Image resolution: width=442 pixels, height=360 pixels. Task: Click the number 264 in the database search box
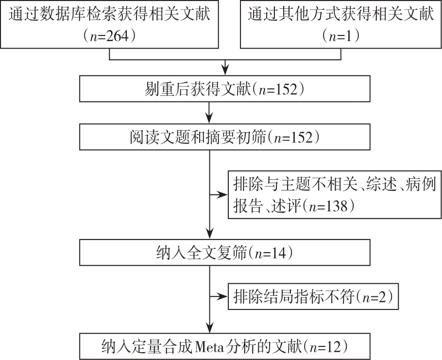click(117, 36)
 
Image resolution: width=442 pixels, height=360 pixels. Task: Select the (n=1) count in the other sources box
click(340, 36)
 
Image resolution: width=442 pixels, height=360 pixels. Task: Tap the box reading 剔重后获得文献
click(225, 89)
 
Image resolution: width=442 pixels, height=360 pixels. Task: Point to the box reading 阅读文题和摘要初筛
click(225, 137)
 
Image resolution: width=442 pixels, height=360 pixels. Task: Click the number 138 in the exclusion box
click(336, 206)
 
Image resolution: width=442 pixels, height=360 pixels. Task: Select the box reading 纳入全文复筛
click(225, 253)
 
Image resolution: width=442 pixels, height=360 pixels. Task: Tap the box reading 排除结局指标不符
click(313, 296)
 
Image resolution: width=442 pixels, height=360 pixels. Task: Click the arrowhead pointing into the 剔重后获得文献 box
click(225, 70)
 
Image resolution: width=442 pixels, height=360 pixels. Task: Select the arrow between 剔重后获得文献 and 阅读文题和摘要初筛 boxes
click(209, 113)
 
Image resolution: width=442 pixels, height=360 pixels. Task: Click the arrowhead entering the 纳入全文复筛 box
click(209, 234)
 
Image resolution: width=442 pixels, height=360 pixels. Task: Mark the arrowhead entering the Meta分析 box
click(209, 328)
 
